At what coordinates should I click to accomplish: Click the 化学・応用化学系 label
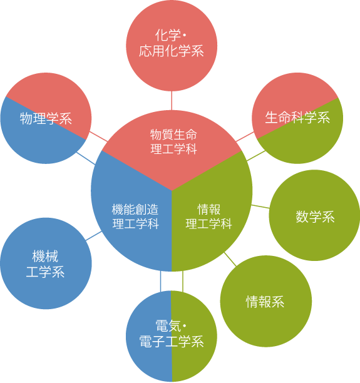pos(172,43)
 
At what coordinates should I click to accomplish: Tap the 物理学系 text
pos(46,118)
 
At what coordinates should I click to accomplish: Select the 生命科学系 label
pos(297,117)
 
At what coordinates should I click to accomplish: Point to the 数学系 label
pos(315,217)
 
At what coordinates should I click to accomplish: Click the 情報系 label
pos(265,302)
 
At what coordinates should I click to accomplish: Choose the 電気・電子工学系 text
pos(172,334)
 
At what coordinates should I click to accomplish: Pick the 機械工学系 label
pos(45,264)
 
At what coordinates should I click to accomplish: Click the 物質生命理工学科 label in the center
pos(173,141)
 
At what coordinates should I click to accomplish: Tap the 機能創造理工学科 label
pos(135,217)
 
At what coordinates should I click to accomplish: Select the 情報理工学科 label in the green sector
pos(208,217)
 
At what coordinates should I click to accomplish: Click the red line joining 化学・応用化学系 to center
pos(172,101)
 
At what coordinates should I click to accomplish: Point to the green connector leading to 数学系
pos(260,207)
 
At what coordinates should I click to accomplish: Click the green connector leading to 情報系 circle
pos(230,259)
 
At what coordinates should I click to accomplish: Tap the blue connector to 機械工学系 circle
pos(94,236)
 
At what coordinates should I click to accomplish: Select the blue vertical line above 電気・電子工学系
pos(160,281)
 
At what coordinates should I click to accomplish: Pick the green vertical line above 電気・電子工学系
pos(183,281)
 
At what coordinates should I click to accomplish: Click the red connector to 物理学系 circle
pos(98,136)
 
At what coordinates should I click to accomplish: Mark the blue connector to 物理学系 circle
pos(86,158)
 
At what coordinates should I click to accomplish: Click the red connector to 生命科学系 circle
pos(245,137)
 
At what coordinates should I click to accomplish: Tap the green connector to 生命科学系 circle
pos(256,156)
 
